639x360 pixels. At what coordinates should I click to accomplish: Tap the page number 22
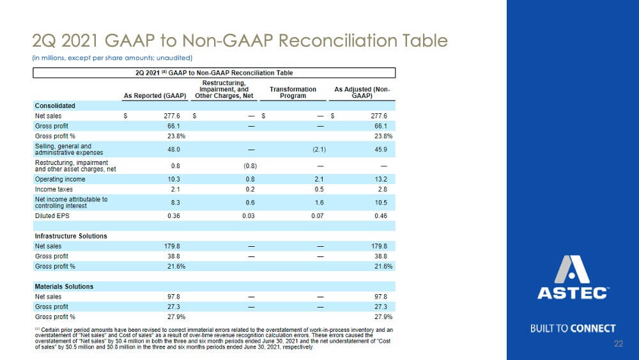618,343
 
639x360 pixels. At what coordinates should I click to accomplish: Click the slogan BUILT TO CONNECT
573,329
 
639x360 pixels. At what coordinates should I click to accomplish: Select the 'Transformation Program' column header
293,93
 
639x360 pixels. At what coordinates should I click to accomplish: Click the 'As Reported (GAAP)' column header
155,96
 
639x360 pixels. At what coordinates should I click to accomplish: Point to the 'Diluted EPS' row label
52,215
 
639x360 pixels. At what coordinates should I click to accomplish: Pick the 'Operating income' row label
60,180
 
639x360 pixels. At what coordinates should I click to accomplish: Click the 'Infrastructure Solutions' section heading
71,236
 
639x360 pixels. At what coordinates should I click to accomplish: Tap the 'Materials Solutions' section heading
64,286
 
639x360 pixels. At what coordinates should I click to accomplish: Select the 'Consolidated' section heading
55,106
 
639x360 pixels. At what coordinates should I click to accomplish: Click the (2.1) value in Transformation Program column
319,150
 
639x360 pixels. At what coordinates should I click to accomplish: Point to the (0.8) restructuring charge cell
250,166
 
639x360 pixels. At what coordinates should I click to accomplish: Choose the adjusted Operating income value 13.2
381,180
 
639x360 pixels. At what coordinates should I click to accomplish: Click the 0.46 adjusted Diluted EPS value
381,215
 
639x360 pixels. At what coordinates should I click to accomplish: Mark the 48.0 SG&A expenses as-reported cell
174,150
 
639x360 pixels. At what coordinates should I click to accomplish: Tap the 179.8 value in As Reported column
172,246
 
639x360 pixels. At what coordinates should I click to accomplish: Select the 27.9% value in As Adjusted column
383,317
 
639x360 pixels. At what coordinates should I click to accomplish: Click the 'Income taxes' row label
54,189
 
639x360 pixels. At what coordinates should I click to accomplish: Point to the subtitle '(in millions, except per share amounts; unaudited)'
112,58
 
